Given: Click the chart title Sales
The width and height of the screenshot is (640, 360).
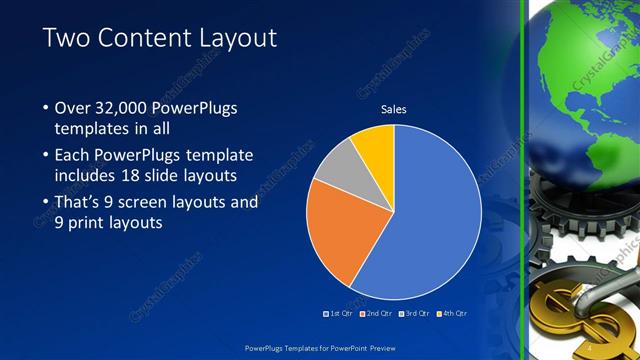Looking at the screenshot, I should [392, 110].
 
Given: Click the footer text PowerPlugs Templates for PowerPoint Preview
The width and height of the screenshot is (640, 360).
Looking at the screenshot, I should [319, 346].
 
